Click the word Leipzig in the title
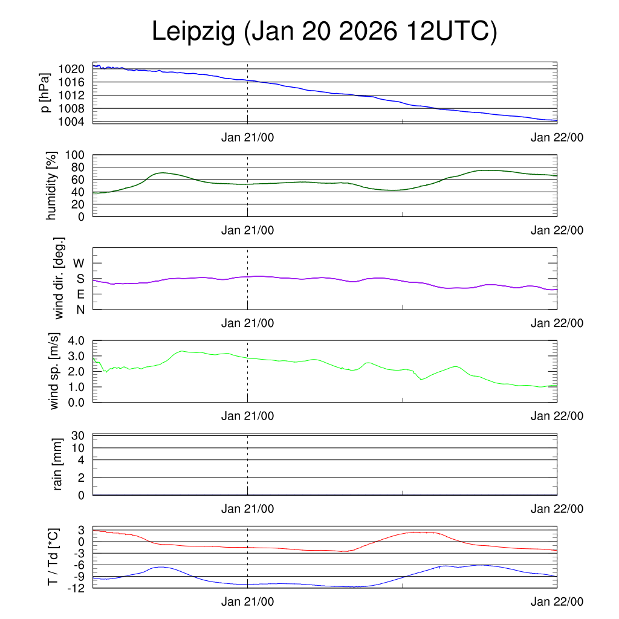192,32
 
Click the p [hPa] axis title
44,92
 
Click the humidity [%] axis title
53,186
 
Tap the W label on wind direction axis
79,263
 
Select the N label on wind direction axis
80,309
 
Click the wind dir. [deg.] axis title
59,278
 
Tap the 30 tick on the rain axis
78,436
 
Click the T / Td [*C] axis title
53,557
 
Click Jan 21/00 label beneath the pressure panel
248,137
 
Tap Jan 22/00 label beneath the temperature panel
557,601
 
